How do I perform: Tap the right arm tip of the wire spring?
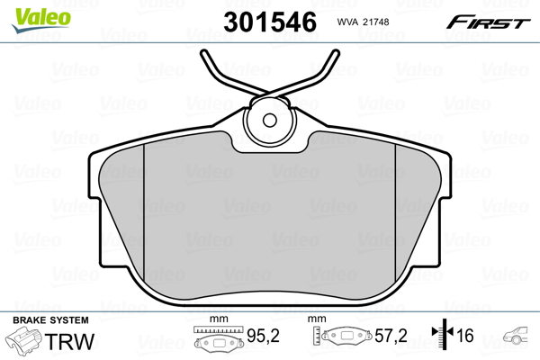(x=335, y=55)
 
